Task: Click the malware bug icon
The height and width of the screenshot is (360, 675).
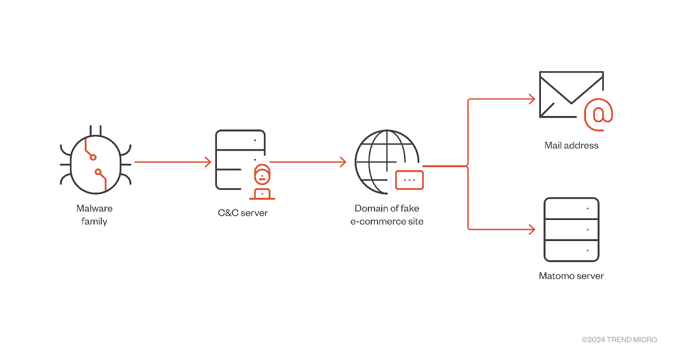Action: (x=95, y=164)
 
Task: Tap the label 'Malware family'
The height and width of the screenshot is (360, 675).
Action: (x=94, y=215)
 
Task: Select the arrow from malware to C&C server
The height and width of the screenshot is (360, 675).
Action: (x=173, y=162)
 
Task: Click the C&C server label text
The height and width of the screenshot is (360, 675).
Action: (x=243, y=213)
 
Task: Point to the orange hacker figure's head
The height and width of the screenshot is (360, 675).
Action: (x=262, y=174)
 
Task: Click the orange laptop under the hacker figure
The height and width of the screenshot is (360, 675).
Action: (x=262, y=194)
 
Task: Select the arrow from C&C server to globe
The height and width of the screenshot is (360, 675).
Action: (x=308, y=162)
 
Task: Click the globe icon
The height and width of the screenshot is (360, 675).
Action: (x=387, y=162)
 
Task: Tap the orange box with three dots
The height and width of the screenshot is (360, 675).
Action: (x=410, y=180)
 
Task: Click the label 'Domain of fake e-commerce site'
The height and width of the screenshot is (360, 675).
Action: (x=387, y=215)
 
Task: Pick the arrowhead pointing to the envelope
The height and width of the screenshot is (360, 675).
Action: (x=532, y=99)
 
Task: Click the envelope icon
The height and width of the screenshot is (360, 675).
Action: (x=571, y=95)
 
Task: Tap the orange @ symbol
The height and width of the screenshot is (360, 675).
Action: (x=599, y=114)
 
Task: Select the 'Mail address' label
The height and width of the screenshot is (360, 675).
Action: (x=571, y=145)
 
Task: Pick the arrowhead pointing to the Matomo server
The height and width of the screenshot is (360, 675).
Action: (x=532, y=230)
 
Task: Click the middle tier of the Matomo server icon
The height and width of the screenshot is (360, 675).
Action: (x=571, y=230)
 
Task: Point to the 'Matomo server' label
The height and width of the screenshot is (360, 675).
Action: (x=571, y=276)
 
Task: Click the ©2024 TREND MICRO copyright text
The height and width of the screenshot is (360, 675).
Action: (x=619, y=340)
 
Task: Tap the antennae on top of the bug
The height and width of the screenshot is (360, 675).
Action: (x=95, y=130)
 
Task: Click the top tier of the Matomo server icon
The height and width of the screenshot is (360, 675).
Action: (x=571, y=208)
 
